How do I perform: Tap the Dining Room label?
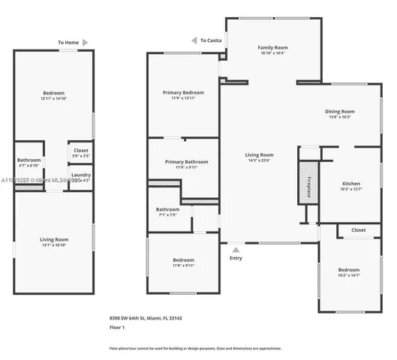[x=339, y=111]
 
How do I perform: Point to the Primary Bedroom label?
[x=183, y=92]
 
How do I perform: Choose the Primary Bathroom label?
[x=183, y=161]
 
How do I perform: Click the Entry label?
[x=236, y=258]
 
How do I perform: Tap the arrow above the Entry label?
[x=236, y=250]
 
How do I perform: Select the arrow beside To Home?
[x=86, y=43]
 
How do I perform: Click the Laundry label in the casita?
[x=80, y=175]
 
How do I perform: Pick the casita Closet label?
[x=80, y=151]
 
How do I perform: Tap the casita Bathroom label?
[x=29, y=160]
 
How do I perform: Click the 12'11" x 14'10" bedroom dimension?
[x=53, y=98]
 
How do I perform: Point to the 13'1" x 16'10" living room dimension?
[x=53, y=244]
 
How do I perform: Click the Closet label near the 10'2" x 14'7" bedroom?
[x=358, y=230]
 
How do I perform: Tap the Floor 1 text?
[x=117, y=328]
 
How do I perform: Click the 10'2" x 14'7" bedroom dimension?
[x=348, y=274]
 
